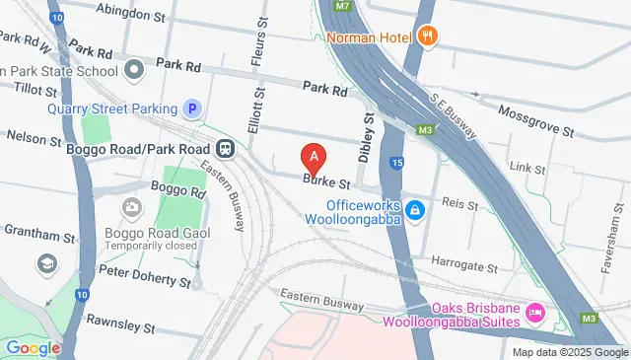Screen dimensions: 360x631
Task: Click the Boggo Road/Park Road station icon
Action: tap(227, 149)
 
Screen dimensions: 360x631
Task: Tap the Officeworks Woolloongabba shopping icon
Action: tap(416, 209)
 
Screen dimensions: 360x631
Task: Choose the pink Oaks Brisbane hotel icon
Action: tap(535, 313)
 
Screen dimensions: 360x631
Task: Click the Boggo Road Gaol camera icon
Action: tap(130, 207)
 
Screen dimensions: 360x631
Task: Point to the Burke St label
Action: tap(327, 182)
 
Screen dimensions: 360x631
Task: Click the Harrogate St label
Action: tap(464, 266)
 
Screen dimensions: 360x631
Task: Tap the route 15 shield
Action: tap(396, 162)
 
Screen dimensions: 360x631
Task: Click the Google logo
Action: tap(33, 347)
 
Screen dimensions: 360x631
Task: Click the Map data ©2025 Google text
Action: tap(569, 352)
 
